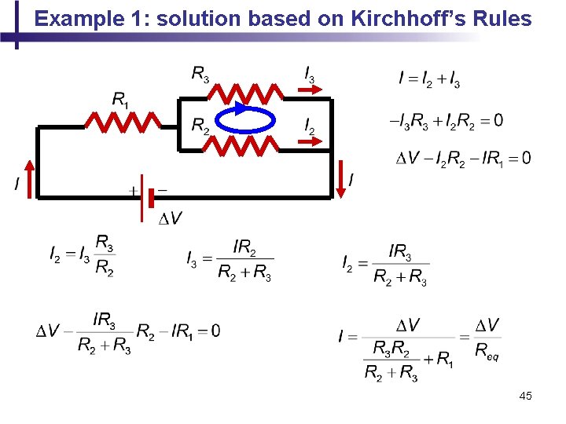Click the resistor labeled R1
coord(123,122)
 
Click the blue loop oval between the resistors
coord(245,120)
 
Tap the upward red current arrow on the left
coord(31,177)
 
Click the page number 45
coord(525,397)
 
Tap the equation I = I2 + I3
coord(429,79)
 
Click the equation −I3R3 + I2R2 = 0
coord(447,120)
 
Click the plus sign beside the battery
coord(133,191)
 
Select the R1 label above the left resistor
coord(120,99)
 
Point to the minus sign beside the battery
coord(162,189)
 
